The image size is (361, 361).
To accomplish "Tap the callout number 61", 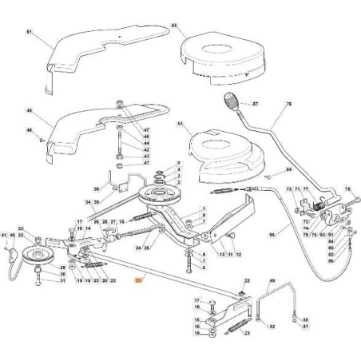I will tap(28, 31).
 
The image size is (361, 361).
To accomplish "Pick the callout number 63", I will tap(180, 124).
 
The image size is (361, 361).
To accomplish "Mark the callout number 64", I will tap(289, 169).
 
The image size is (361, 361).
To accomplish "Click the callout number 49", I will tap(272, 282).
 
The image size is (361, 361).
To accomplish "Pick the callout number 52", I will tap(272, 327).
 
